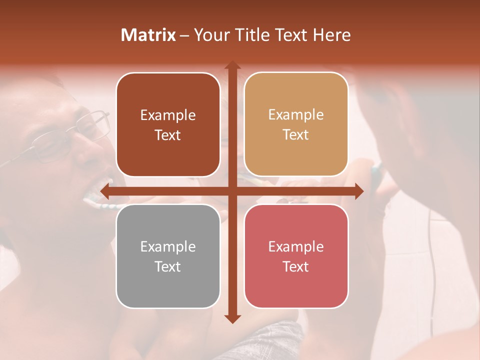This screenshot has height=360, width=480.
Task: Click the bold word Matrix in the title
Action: (x=148, y=35)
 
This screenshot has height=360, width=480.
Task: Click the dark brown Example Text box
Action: (x=168, y=125)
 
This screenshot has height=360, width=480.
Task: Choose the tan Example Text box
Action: (x=296, y=124)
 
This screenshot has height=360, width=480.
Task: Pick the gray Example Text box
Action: (x=168, y=256)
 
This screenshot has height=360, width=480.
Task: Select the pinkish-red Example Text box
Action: (x=296, y=256)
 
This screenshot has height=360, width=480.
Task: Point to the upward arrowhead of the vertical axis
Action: (x=232, y=65)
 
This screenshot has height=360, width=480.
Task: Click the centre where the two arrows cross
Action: (x=232, y=191)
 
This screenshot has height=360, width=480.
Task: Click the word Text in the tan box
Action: (x=296, y=135)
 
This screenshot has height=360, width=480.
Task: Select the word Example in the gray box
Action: (x=168, y=246)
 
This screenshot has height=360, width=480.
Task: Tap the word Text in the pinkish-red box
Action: (x=296, y=266)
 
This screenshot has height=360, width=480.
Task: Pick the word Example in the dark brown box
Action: (x=168, y=115)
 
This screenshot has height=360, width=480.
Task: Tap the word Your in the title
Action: (x=209, y=35)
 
